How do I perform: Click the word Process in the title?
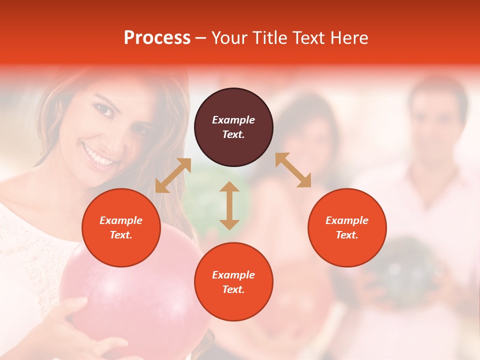click(157, 38)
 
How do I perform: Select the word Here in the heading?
click(349, 38)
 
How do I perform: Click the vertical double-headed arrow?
click(229, 205)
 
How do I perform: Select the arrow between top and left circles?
click(173, 175)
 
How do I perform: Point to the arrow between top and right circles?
click(293, 170)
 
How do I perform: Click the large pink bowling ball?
click(125, 290)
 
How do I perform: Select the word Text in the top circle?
click(233, 134)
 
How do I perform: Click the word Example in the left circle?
click(121, 220)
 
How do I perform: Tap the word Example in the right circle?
click(347, 220)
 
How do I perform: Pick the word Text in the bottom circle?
click(233, 289)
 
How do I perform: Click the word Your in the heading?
click(230, 38)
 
